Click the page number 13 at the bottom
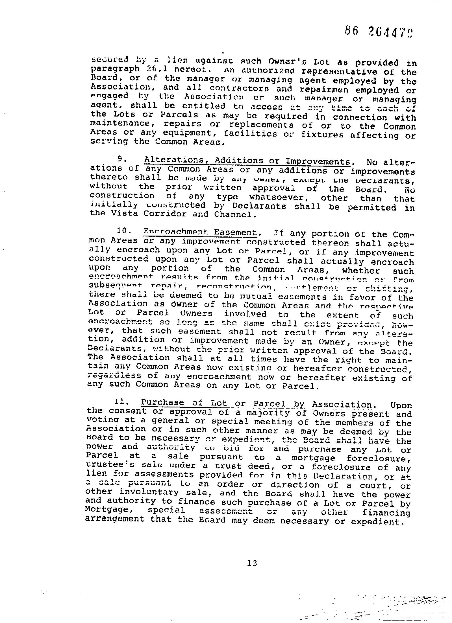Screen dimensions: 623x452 (252, 563)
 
